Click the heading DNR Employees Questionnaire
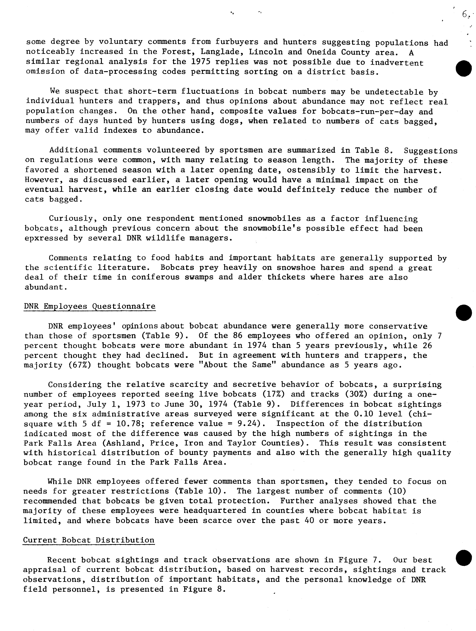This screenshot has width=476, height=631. pos(90,306)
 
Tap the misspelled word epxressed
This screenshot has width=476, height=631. pos(46,238)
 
